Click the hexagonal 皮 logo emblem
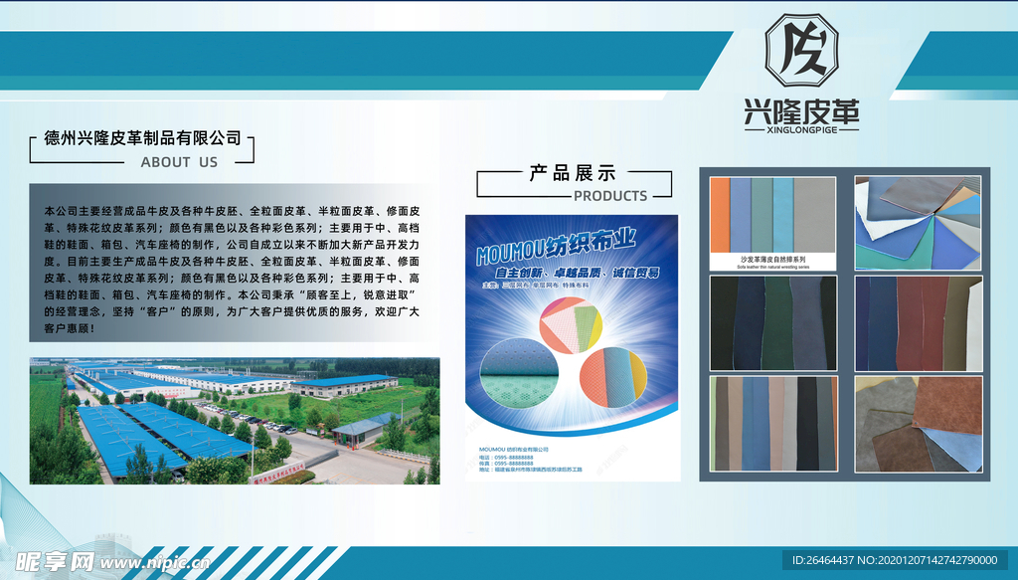coord(801,50)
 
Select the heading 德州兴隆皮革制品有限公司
coord(143,138)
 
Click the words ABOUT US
coord(179,161)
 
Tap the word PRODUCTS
coord(610,196)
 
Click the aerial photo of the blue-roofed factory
coord(234,421)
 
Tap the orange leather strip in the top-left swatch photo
coord(720,216)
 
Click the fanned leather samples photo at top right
coord(918,222)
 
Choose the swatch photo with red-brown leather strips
coord(918,322)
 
